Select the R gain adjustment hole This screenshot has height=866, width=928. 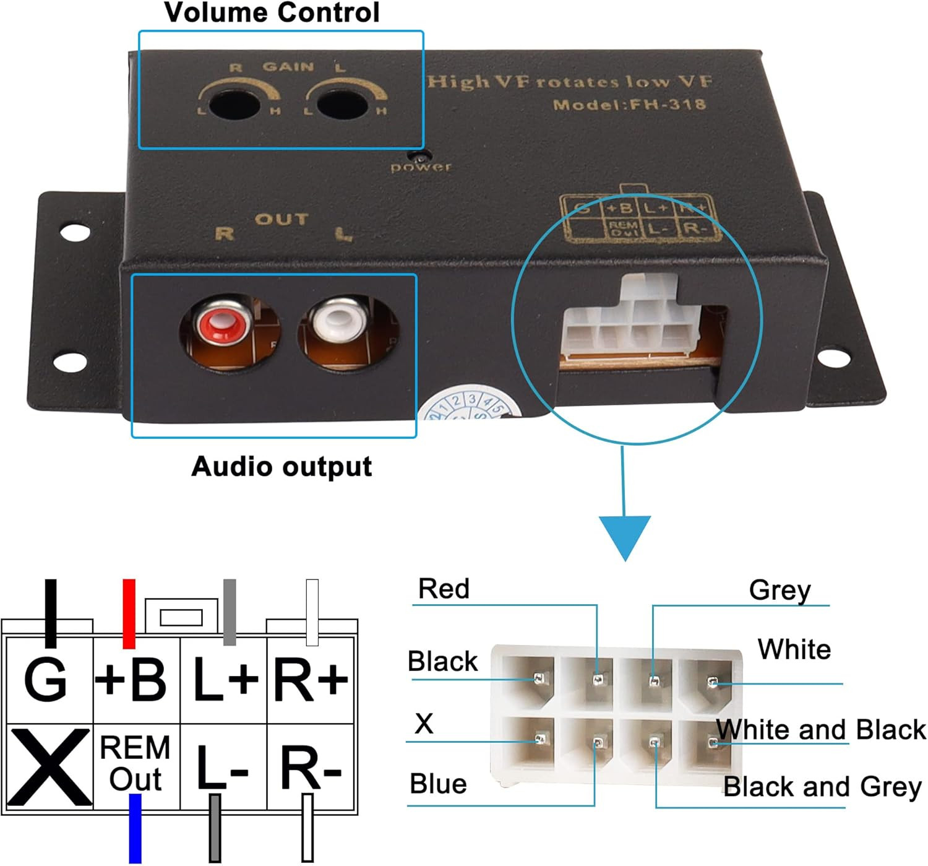pos(234,103)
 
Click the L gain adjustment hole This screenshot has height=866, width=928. pos(343,103)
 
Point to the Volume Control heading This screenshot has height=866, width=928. pos(272,13)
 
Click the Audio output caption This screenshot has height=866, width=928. pos(281,467)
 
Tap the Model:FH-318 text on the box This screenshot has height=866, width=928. pos(629,104)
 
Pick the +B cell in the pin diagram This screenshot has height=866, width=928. pos(131,680)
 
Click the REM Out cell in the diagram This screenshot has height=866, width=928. pos(135,764)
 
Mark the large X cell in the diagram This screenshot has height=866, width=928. pos(48,766)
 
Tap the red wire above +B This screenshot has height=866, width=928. pos(129,613)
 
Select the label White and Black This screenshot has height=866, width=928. pos(821,730)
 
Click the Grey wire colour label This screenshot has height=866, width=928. pos(780,591)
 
